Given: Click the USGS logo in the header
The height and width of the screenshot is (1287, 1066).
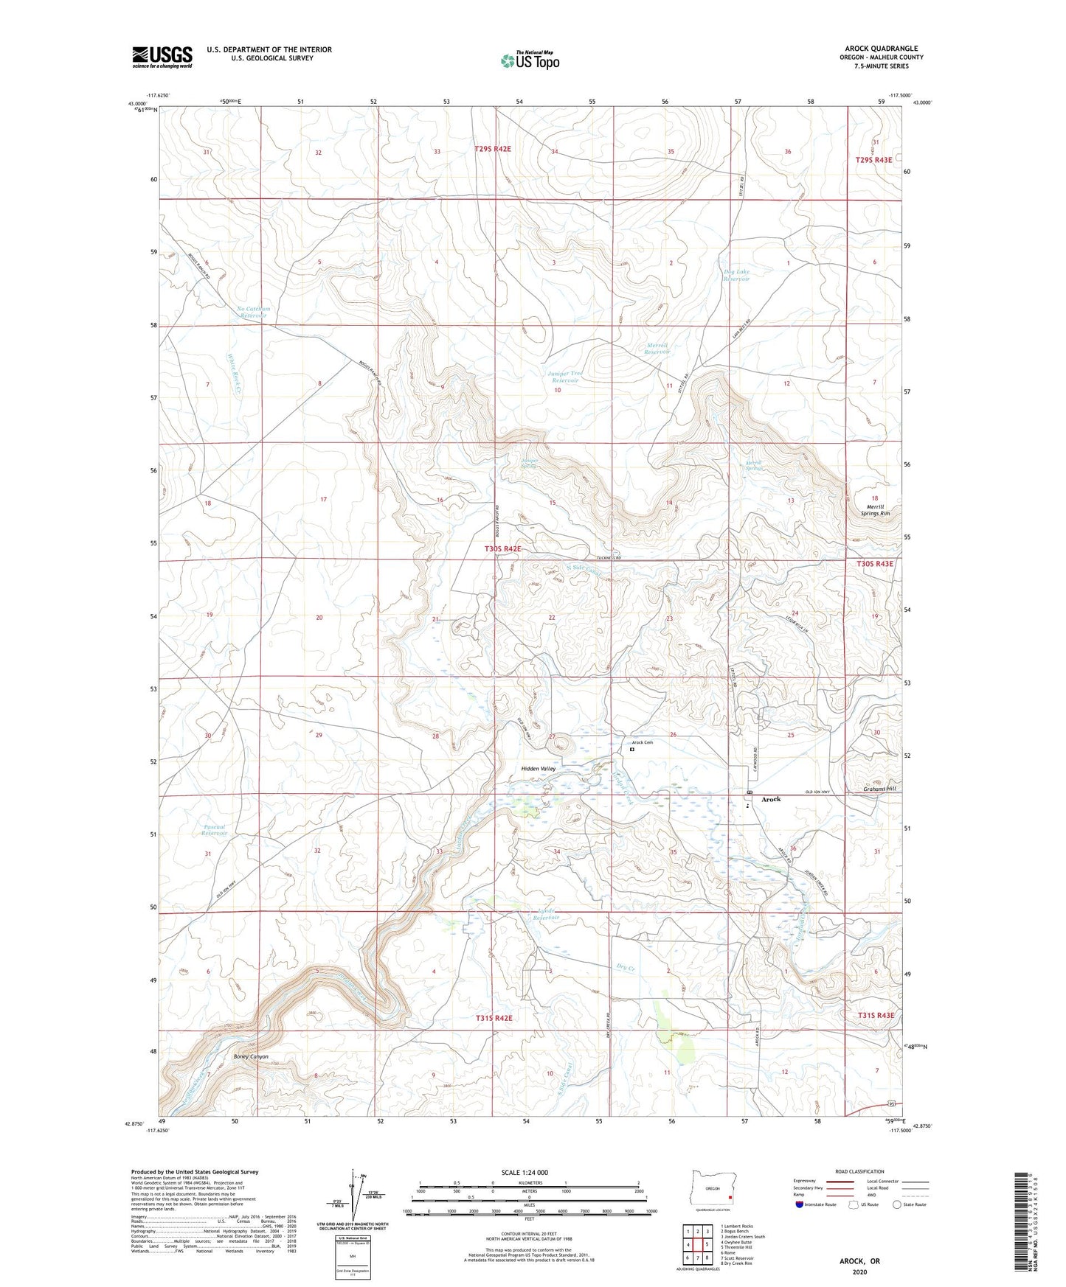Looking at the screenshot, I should pos(162,57).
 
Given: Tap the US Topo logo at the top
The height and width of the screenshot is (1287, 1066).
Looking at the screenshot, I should pos(529,60).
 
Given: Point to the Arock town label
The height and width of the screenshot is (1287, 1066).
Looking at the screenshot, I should pos(771,799).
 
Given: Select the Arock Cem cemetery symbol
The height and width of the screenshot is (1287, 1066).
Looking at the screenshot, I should pos(632,750).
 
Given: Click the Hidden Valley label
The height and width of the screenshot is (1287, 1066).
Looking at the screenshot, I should pos(538,769).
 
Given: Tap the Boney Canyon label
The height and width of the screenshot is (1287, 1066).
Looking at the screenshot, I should pos(251,1057).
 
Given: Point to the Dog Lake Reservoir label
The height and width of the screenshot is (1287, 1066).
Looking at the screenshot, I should pos(736,275).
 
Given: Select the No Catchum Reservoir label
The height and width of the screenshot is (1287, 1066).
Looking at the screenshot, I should pos(253,312).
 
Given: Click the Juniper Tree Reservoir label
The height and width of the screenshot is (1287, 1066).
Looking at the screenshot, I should pos(565,377).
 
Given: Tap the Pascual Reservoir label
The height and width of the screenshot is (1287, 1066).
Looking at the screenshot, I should pos(214,829).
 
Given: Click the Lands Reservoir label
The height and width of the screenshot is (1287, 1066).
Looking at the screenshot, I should pos(545,914).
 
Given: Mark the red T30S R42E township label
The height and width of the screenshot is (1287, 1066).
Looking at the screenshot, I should pos(502,549).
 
